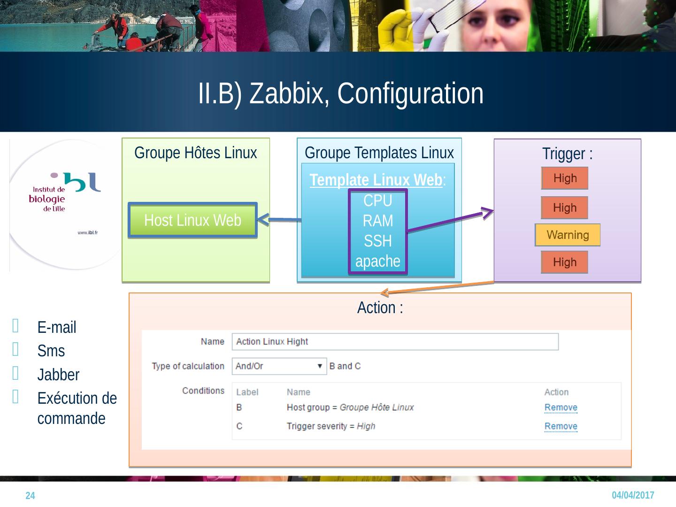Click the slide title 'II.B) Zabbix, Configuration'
[x=340, y=93]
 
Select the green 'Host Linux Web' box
[x=192, y=220]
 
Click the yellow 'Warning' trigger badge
[x=568, y=235]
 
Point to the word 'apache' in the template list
[x=377, y=261]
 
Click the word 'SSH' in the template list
[x=377, y=241]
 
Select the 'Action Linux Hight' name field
[x=395, y=342]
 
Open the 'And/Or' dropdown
[x=279, y=366]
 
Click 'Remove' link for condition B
[x=561, y=407]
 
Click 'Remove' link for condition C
[x=561, y=426]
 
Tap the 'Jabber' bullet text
[x=58, y=375]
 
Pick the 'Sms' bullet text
[x=51, y=351]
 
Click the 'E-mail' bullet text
[x=56, y=327]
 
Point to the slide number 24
[x=30, y=496]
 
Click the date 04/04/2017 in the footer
[x=633, y=495]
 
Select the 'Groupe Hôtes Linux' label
[x=195, y=153]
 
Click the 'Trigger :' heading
[x=567, y=154]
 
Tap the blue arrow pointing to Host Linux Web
[x=279, y=219]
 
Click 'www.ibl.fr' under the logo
[x=87, y=232]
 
